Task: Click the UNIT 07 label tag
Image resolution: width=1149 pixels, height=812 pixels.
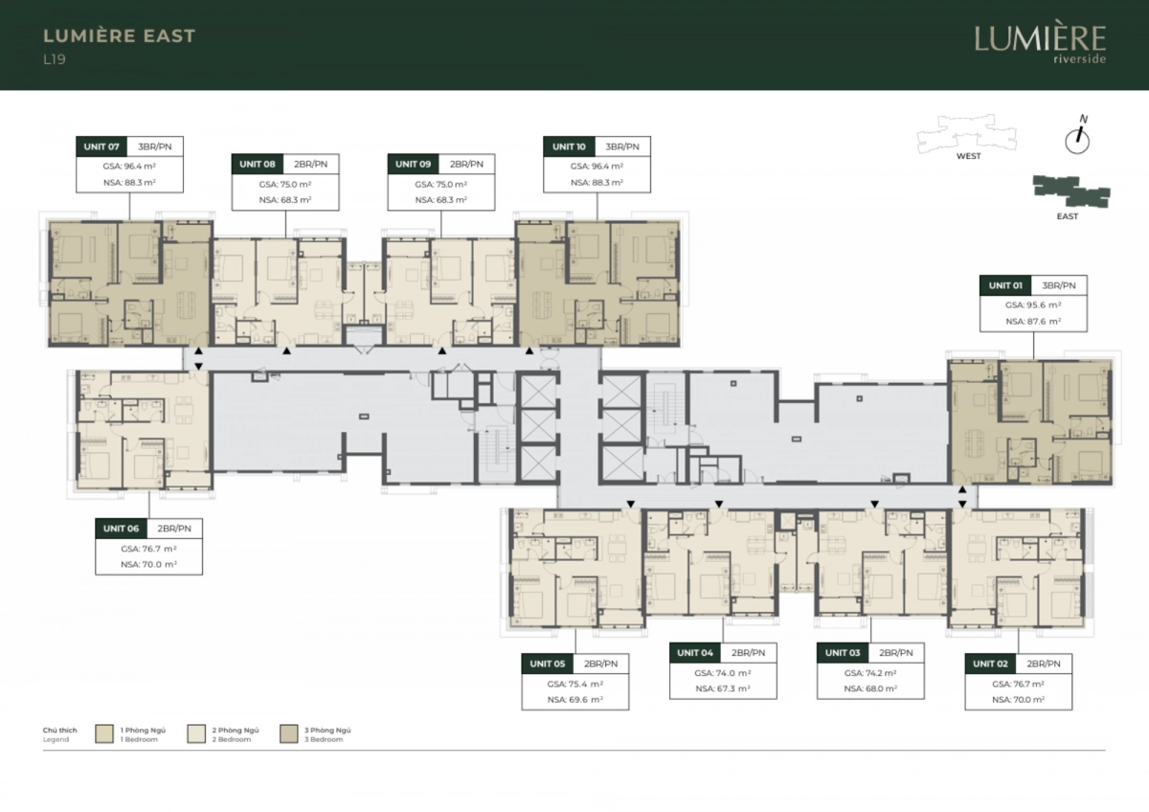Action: pyautogui.click(x=101, y=147)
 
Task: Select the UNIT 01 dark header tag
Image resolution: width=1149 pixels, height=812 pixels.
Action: pyautogui.click(x=1005, y=285)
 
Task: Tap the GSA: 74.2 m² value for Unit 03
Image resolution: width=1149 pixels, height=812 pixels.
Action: pyautogui.click(x=870, y=673)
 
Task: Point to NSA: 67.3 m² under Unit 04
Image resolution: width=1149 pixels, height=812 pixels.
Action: pyautogui.click(x=723, y=688)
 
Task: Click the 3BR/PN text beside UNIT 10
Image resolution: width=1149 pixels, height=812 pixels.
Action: pyautogui.click(x=622, y=147)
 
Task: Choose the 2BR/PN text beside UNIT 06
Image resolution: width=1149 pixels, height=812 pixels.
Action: pyautogui.click(x=174, y=529)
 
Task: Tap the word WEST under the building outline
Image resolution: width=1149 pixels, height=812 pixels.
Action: pyautogui.click(x=968, y=156)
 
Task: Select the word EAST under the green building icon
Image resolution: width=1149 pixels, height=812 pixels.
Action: pyautogui.click(x=1068, y=216)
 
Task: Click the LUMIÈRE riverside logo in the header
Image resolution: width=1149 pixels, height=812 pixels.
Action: pyautogui.click(x=1040, y=44)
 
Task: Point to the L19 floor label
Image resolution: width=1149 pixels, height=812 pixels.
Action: pyautogui.click(x=55, y=59)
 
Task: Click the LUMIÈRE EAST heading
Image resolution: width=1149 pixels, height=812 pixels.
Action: pyautogui.click(x=119, y=35)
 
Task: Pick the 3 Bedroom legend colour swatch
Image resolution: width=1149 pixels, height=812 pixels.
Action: pyautogui.click(x=289, y=734)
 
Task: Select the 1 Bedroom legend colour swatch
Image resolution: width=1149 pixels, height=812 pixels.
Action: pyautogui.click(x=104, y=734)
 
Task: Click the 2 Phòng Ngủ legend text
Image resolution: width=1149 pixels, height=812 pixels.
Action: pyautogui.click(x=236, y=730)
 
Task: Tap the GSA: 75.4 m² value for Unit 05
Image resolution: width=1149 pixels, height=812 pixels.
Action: pyautogui.click(x=575, y=684)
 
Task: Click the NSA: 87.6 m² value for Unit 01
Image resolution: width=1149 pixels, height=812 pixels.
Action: pyautogui.click(x=1033, y=322)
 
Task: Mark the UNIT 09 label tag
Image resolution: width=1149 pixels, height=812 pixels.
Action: pyautogui.click(x=413, y=164)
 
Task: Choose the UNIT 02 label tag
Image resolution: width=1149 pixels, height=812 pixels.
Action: pyautogui.click(x=990, y=664)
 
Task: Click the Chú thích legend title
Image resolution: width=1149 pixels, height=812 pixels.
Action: pyautogui.click(x=60, y=730)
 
